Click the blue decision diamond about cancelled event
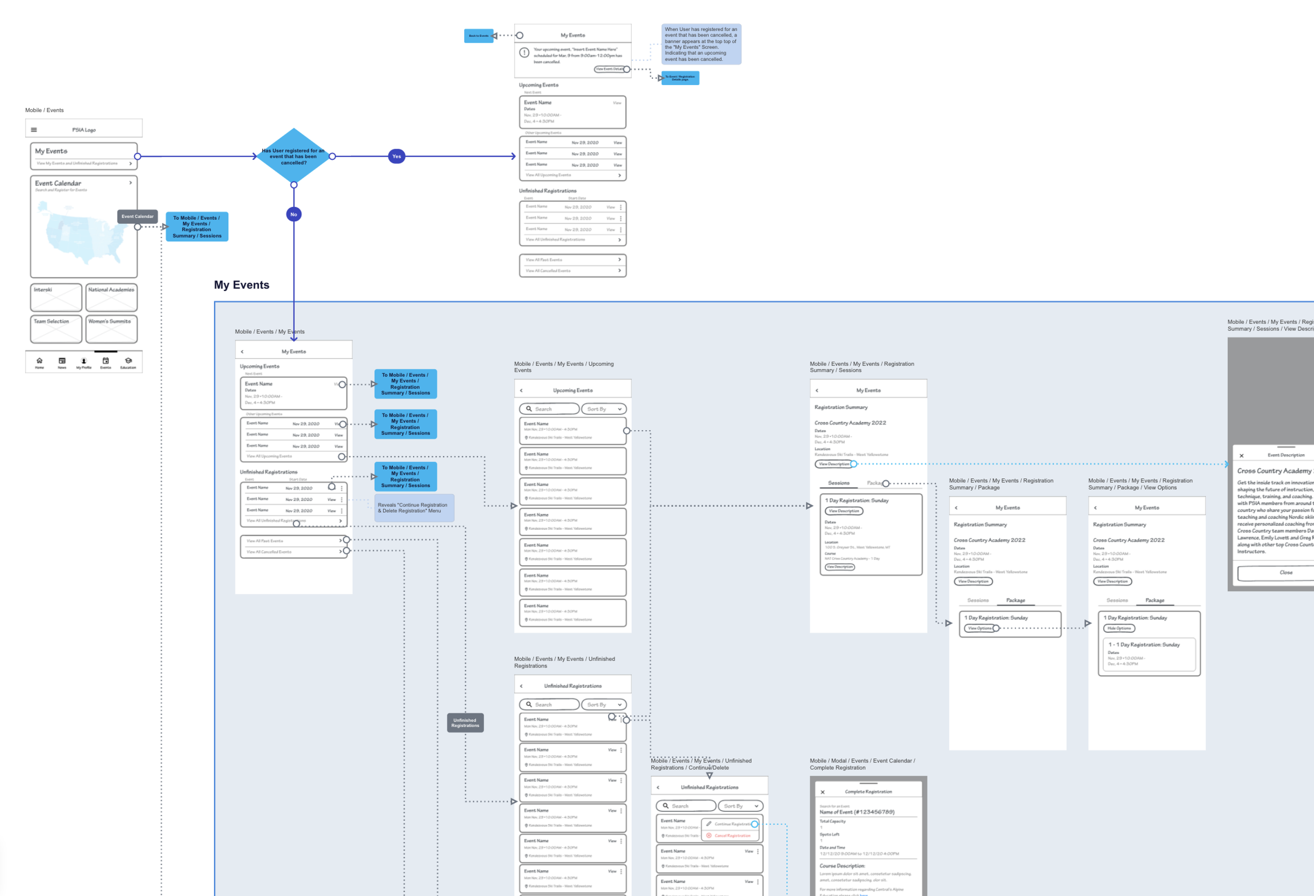293,156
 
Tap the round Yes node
396,157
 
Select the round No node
293,214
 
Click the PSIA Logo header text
84,130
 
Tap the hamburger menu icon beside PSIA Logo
34,130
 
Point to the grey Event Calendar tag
137,216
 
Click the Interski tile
56,297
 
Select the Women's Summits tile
111,329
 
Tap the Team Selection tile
56,329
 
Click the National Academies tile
111,297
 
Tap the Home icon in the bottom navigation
39,363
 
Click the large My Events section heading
241,285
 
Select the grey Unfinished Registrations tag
465,723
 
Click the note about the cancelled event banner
701,44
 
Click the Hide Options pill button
1119,628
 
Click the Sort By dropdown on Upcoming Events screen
604,409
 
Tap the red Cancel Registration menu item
732,836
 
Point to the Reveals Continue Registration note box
414,508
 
